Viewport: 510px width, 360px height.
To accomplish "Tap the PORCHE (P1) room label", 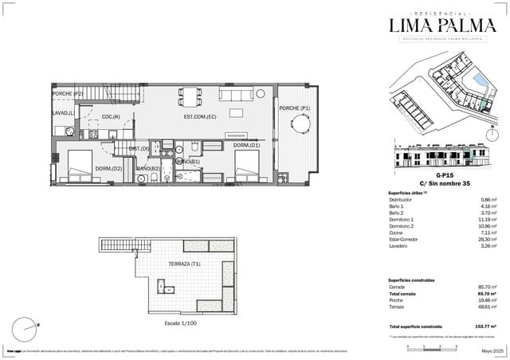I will pos(295,108).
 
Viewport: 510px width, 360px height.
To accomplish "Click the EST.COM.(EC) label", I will pos(200,118).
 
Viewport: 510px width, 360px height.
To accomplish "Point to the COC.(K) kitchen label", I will pos(111,117).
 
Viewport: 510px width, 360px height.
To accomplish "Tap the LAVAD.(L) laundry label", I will pos(64,113).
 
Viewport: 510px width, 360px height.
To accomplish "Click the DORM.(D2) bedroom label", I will pos(108,168).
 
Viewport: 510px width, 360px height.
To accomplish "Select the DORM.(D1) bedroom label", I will pos(246,146).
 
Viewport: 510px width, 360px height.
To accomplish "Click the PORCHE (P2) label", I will pos(68,94).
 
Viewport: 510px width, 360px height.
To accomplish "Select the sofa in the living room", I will pos(235,95).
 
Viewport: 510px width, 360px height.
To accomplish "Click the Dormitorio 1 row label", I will pos(405,219).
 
